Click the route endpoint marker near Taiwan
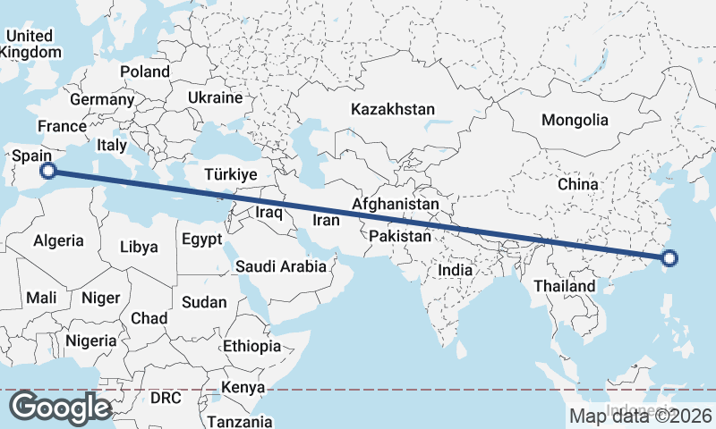(x=669, y=260)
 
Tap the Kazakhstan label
(x=393, y=110)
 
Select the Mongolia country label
(x=575, y=120)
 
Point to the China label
(x=577, y=184)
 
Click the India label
(x=455, y=269)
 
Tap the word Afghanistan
(x=396, y=205)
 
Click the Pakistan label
(x=400, y=237)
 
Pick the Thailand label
(x=565, y=286)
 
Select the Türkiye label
(x=230, y=174)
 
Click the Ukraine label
(x=216, y=97)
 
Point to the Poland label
(x=145, y=71)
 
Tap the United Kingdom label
(x=30, y=44)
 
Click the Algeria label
(x=58, y=240)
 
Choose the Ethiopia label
(x=252, y=346)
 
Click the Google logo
(x=60, y=408)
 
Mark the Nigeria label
(x=90, y=341)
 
